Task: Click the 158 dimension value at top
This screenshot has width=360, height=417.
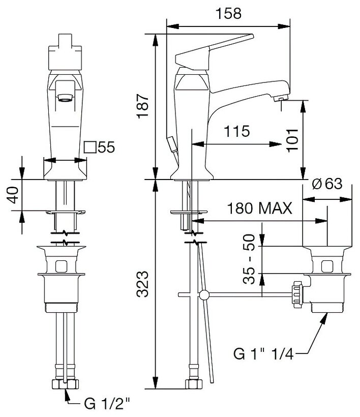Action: [228, 13]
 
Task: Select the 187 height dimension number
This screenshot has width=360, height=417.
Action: [142, 106]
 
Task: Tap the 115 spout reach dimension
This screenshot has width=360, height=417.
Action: [236, 131]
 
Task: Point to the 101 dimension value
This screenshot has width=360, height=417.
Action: [292, 140]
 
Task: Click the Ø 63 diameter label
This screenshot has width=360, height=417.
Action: [327, 184]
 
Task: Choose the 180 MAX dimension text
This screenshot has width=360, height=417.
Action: [259, 208]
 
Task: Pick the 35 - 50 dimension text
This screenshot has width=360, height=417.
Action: [249, 259]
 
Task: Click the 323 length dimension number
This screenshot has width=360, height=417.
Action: [142, 284]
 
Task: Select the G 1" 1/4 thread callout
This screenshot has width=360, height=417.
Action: [263, 354]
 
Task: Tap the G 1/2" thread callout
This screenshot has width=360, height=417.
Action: [107, 404]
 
